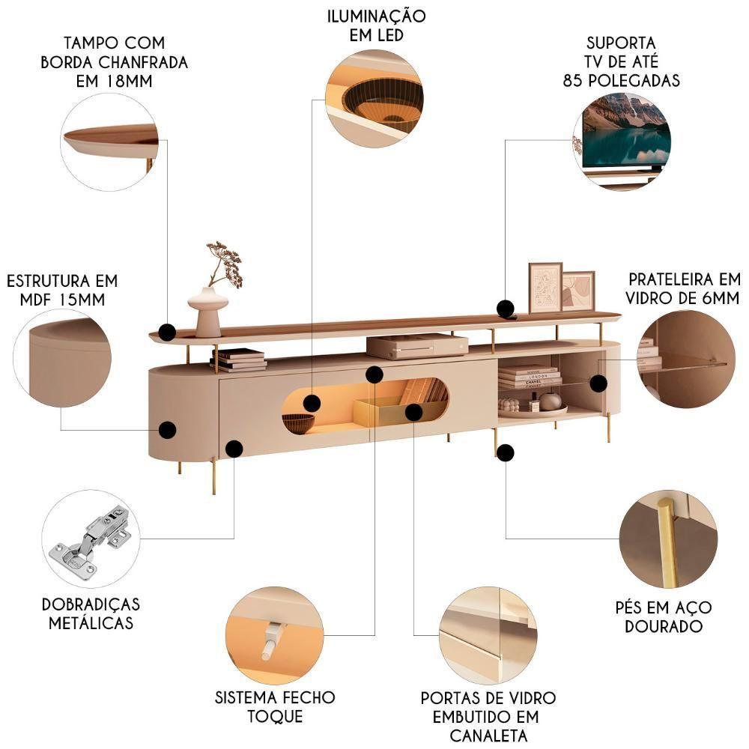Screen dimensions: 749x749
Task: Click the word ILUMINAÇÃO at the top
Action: pyautogui.click(x=377, y=16)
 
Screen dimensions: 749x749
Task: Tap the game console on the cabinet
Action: pyautogui.click(x=417, y=345)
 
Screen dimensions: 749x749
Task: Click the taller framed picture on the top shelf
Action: pyautogui.click(x=545, y=288)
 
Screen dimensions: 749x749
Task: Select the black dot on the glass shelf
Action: pyautogui.click(x=598, y=383)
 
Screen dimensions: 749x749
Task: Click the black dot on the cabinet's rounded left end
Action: pyautogui.click(x=167, y=430)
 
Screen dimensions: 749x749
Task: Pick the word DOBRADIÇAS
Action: pyautogui.click(x=91, y=604)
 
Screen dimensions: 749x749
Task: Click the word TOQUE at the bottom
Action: pyautogui.click(x=275, y=716)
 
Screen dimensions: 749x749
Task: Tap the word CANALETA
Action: pyautogui.click(x=488, y=736)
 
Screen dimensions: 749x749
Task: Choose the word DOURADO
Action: pyautogui.click(x=664, y=625)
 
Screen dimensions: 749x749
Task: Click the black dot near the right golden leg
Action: pyautogui.click(x=506, y=452)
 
